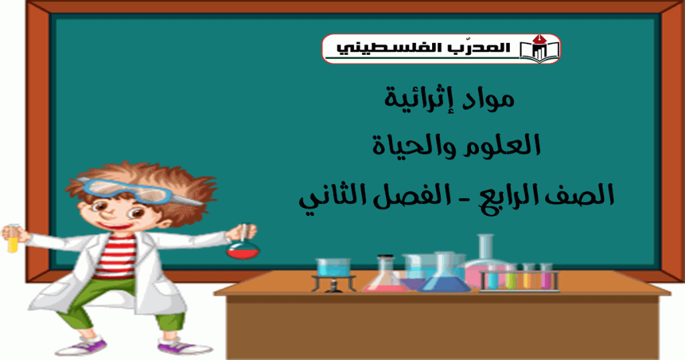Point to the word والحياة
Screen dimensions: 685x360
414,145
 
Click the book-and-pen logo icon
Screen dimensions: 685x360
539,48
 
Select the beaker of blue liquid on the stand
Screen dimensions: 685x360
333,267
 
